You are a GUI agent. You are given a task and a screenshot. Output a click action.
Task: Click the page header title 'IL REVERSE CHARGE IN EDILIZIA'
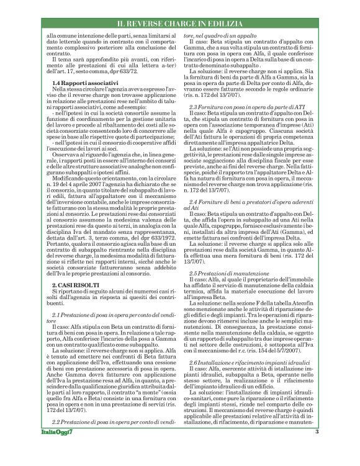[233, 24]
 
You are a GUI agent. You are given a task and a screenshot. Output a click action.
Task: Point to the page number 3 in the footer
[317, 449]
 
